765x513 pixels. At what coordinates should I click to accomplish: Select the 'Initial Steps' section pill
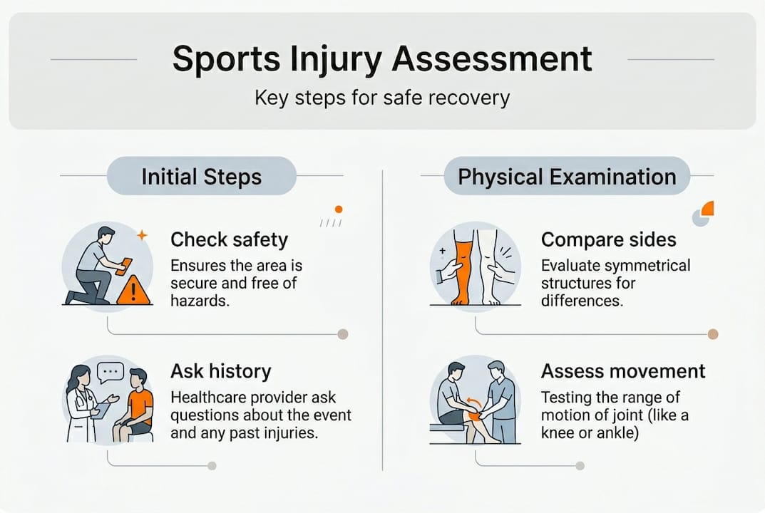tap(201, 176)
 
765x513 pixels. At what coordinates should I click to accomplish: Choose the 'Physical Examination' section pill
tap(567, 176)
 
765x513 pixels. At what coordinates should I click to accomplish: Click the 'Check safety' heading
tap(229, 239)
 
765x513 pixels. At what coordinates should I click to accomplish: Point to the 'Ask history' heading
tap(221, 370)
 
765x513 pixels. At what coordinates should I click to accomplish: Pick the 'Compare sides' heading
tap(608, 239)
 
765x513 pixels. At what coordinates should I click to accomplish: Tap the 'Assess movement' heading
tap(623, 370)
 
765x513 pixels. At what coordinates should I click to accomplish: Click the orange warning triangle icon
tap(133, 291)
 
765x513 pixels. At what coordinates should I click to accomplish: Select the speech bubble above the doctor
tap(111, 371)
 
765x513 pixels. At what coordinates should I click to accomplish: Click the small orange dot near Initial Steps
tap(339, 209)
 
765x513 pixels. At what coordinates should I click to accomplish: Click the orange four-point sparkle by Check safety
tap(141, 234)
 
